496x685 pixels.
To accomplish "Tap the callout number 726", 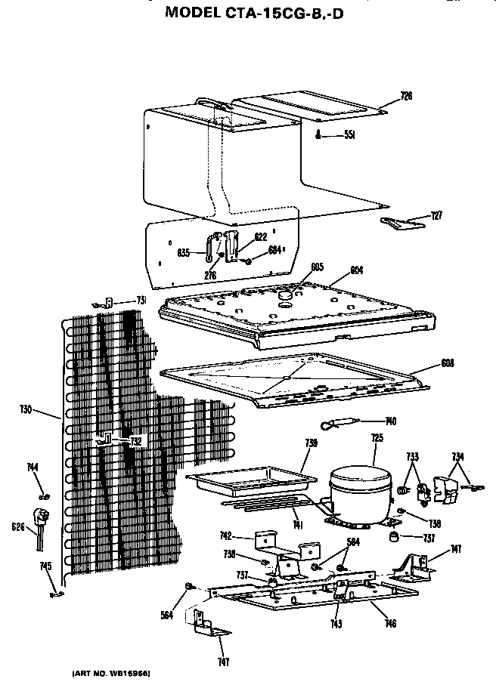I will coord(406,96).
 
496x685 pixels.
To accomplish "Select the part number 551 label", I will coord(349,135).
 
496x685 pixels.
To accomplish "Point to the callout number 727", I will coord(436,216).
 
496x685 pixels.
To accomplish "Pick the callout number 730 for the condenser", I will coord(26,410).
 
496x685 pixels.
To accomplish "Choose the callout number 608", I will coord(448,363).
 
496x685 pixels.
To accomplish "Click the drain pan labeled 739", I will coord(250,480).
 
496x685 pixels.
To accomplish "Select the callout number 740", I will coord(391,421).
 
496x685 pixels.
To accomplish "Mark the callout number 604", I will coord(357,270).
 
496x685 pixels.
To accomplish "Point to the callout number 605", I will coord(317,267).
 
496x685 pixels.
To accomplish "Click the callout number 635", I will coord(184,252).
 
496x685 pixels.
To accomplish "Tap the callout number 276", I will coord(210,276).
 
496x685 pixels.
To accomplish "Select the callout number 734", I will coord(458,455).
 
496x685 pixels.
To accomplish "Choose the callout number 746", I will coord(390,624).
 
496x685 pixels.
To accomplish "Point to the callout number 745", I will coord(45,566).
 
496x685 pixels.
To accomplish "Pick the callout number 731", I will coord(141,301).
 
